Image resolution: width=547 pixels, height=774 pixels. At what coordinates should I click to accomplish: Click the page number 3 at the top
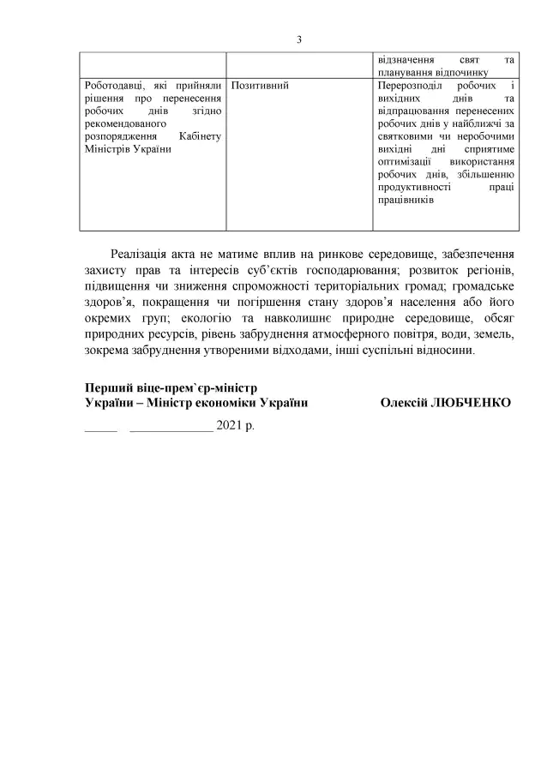click(299, 39)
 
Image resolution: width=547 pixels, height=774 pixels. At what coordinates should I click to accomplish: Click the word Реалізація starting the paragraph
click(141, 255)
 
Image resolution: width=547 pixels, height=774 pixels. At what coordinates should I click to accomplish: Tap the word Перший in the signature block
click(106, 387)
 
